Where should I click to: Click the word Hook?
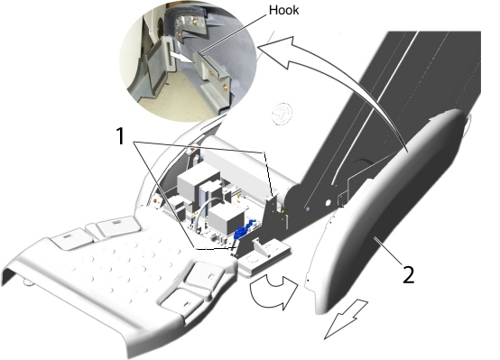coord(283,10)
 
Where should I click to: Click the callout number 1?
coord(120,136)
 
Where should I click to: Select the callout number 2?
coord(409,274)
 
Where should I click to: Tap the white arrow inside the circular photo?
coord(180,58)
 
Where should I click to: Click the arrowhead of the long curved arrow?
coord(277,51)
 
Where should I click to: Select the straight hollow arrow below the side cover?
coord(345,319)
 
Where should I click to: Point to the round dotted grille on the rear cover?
coord(282,114)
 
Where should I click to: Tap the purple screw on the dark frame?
coord(308,209)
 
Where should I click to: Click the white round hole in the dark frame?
coord(328,203)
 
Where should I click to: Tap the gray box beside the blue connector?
coord(227,220)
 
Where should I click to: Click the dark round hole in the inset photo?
coord(160,25)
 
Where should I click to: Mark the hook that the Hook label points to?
coord(210,69)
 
